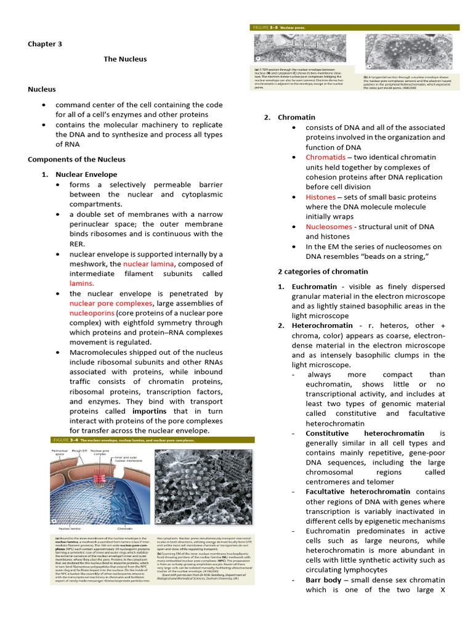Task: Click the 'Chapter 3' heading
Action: pyautogui.click(x=45, y=44)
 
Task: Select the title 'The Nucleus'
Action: pyautogui.click(x=125, y=59)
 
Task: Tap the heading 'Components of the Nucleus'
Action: pyautogui.click(x=76, y=159)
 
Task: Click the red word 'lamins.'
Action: pyautogui.click(x=81, y=283)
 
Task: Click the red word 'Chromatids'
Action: pyautogui.click(x=326, y=157)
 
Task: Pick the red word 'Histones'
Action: pyautogui.click(x=320, y=197)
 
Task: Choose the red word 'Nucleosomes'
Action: pyautogui.click(x=329, y=227)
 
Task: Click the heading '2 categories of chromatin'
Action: pyautogui.click(x=323, y=271)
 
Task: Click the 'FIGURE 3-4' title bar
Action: pyautogui.click(x=152, y=440)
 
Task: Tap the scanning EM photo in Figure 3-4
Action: pyautogui.click(x=203, y=487)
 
